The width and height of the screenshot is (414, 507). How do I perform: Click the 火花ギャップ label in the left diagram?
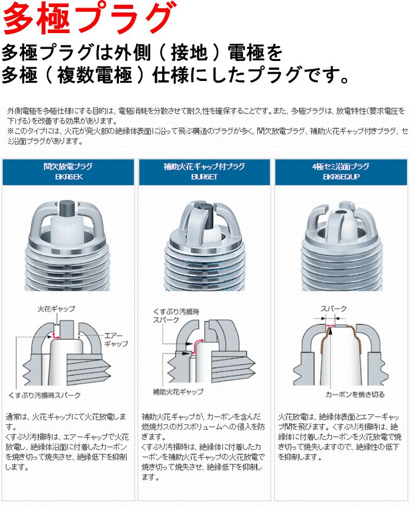(x=56, y=309)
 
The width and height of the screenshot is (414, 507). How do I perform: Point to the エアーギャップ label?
(x=115, y=339)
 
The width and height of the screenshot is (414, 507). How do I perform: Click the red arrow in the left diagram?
(x=56, y=336)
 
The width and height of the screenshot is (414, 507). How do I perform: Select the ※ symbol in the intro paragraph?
(x=10, y=131)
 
